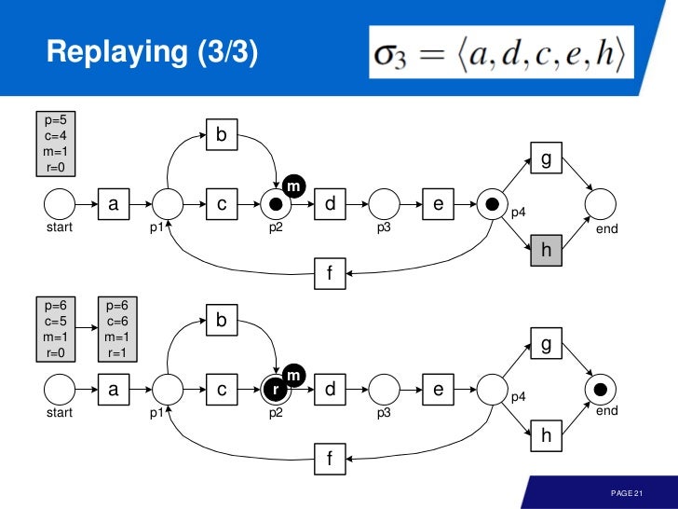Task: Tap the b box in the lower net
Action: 222,321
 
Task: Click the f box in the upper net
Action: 329,272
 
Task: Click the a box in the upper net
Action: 114,202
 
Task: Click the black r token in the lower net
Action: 276,390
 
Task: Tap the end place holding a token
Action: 601,389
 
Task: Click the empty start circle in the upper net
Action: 60,202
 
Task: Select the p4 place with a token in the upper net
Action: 492,202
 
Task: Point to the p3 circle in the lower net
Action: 384,390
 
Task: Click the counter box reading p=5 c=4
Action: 55,144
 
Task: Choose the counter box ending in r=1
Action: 116,329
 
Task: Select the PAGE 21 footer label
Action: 626,492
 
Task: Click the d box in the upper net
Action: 330,202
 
